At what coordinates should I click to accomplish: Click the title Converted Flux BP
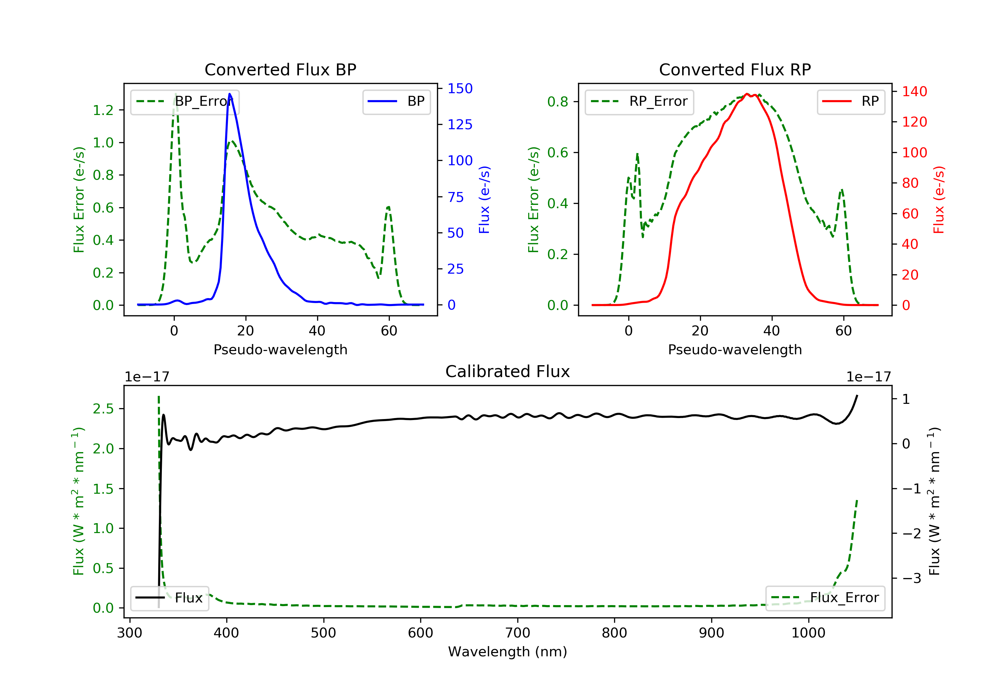click(x=280, y=69)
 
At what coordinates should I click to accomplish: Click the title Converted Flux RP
click(x=735, y=69)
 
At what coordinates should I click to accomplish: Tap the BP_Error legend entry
click(x=185, y=101)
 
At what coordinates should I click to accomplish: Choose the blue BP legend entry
click(x=396, y=101)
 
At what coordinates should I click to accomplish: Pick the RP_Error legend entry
click(x=639, y=101)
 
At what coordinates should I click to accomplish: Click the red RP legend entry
click(x=851, y=101)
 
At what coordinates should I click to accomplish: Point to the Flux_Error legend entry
click(x=825, y=598)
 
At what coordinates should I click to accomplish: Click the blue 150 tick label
click(x=460, y=89)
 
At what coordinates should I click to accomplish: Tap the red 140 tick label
click(x=914, y=92)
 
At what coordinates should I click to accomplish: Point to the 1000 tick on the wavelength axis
click(x=808, y=633)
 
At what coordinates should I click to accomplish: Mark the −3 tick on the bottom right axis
click(x=911, y=578)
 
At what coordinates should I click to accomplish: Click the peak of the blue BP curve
click(x=230, y=94)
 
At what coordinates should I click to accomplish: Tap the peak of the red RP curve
click(x=747, y=94)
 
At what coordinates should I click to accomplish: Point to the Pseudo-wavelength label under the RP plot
click(x=735, y=349)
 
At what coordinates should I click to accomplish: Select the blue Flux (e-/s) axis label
click(x=484, y=200)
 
